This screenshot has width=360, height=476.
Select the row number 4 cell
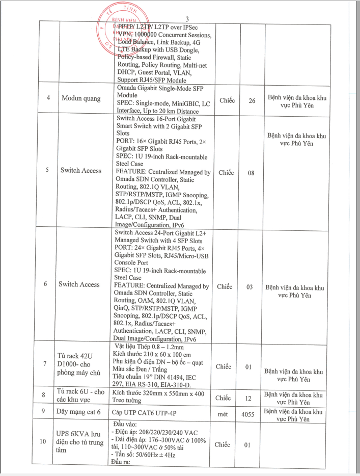click(x=47, y=97)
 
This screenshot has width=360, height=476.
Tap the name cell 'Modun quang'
click(x=81, y=97)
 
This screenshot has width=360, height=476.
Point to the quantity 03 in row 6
click(x=250, y=287)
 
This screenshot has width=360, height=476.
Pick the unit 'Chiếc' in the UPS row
click(x=224, y=445)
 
